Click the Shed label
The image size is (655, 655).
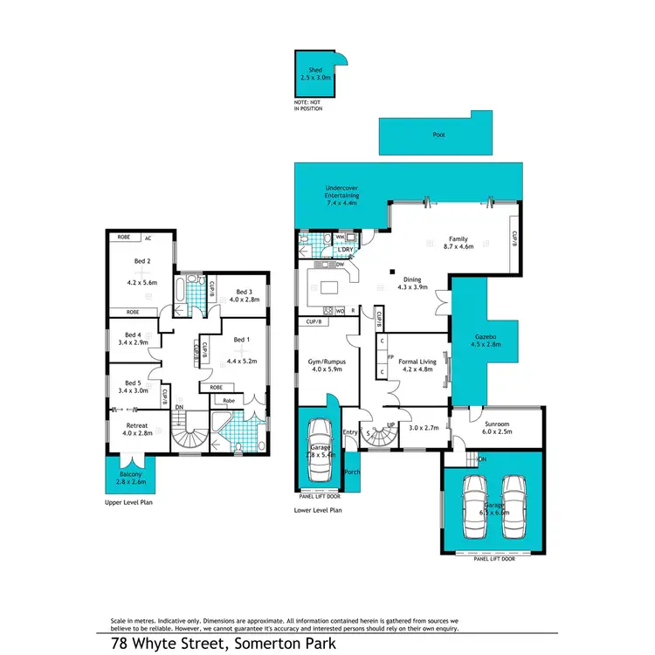(x=314, y=69)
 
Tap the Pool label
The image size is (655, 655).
(x=438, y=135)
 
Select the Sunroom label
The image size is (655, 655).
(x=498, y=425)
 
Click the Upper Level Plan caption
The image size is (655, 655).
(x=129, y=504)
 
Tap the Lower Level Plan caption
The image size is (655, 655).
(x=318, y=508)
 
